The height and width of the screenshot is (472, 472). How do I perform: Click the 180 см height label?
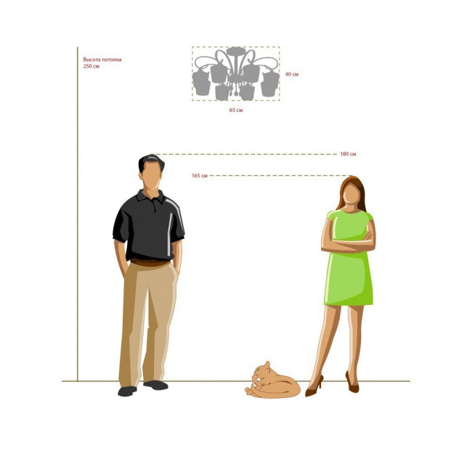(x=348, y=154)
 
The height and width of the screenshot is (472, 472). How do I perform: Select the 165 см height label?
(x=200, y=176)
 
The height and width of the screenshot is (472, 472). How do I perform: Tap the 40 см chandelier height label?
(x=292, y=74)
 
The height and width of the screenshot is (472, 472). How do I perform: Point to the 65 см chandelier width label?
(x=236, y=110)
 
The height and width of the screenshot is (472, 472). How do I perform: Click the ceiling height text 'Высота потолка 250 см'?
(x=102, y=62)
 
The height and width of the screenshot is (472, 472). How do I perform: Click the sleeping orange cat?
(x=273, y=381)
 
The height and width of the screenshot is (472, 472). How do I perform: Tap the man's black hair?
(x=152, y=161)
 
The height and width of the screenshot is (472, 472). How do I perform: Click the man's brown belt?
(x=150, y=262)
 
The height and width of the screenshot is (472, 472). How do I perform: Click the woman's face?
(x=351, y=194)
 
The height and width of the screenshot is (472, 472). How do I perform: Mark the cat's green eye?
(x=258, y=369)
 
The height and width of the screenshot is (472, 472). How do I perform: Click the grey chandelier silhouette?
(x=236, y=74)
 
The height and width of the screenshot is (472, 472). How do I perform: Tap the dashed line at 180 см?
(x=246, y=154)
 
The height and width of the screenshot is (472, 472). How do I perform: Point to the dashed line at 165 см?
(x=280, y=175)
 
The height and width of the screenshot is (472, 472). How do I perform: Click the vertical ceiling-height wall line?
(x=78, y=214)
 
